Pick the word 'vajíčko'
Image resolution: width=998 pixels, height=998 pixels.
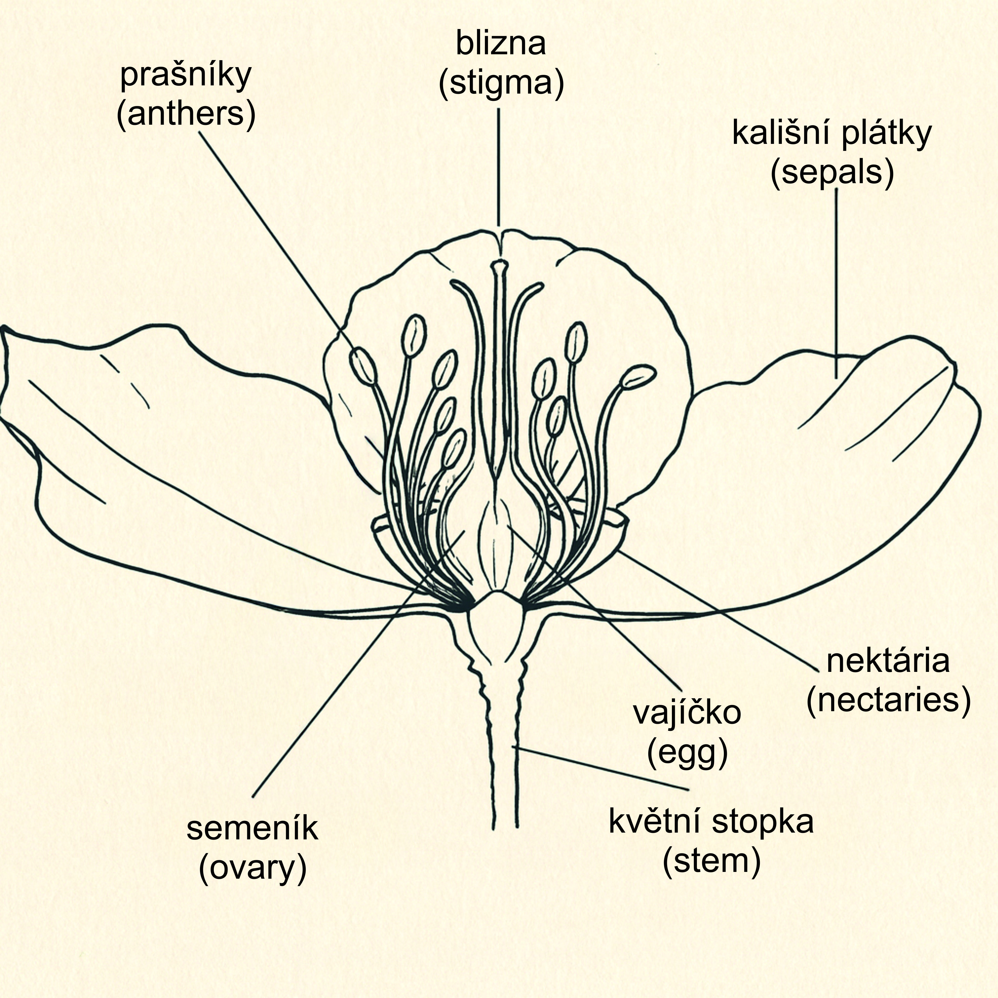pyautogui.click(x=688, y=713)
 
